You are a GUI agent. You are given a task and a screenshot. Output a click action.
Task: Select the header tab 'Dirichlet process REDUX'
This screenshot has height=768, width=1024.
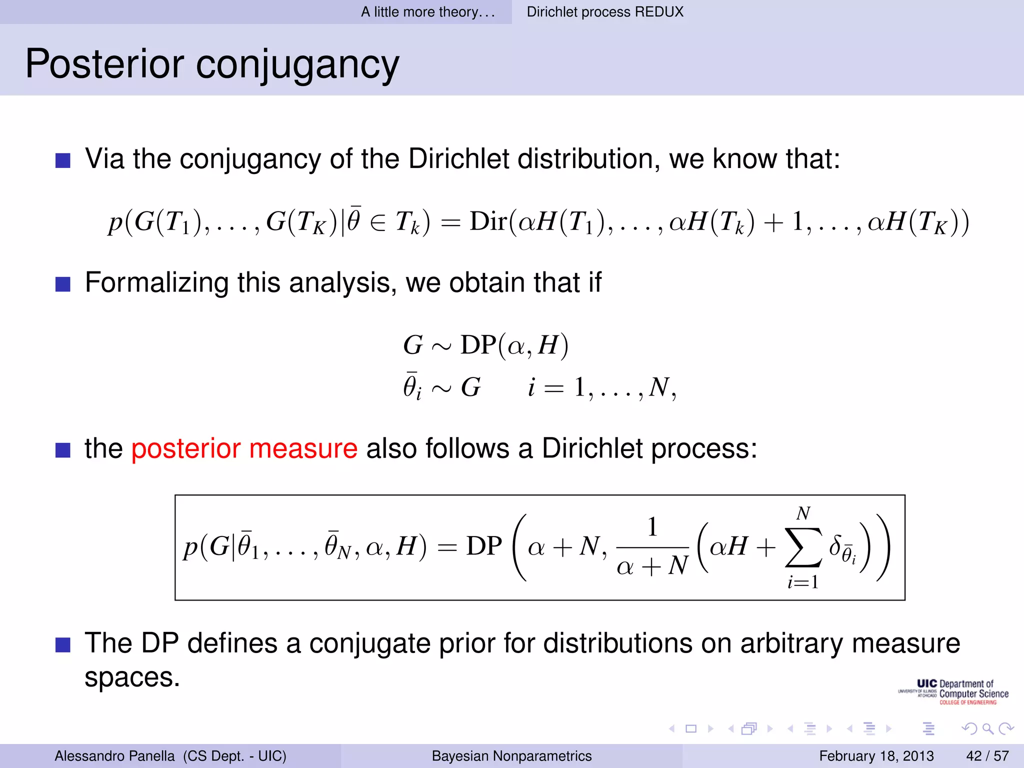[604, 12]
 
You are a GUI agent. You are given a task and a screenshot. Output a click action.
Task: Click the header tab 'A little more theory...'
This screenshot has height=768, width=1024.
[428, 12]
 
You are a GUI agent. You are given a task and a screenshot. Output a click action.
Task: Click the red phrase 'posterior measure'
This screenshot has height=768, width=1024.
[244, 448]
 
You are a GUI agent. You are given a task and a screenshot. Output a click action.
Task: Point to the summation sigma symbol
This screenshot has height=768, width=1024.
[803, 547]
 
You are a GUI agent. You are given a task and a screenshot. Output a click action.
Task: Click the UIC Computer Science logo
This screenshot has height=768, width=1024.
[953, 692]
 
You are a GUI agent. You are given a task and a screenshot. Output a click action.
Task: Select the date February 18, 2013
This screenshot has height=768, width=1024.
[876, 755]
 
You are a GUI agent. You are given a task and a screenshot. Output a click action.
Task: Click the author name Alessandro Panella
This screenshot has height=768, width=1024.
[114, 755]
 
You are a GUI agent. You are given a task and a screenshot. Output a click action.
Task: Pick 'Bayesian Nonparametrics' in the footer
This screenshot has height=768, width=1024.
[511, 755]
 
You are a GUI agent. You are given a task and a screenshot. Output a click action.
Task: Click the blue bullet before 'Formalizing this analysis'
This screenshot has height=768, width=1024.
[63, 284]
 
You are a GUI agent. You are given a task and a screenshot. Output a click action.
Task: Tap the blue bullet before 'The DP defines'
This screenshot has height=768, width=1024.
[63, 644]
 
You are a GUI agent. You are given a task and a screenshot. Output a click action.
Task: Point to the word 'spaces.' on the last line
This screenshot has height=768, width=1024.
[132, 678]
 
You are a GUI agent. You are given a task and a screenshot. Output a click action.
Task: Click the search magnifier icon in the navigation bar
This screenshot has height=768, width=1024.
[987, 728]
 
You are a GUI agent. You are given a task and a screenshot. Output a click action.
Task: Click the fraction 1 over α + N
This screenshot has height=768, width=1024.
[652, 547]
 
